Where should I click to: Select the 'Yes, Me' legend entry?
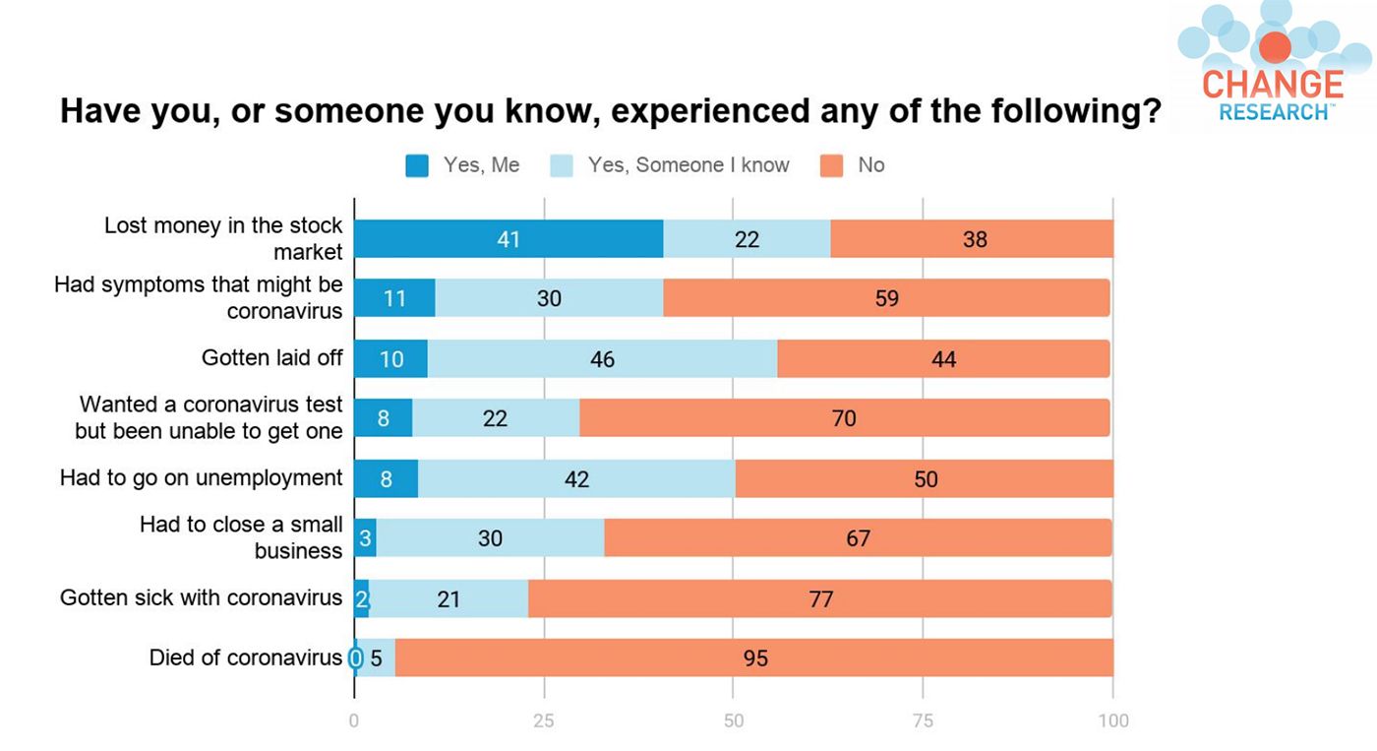tap(463, 165)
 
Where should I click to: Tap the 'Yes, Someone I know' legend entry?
tap(670, 165)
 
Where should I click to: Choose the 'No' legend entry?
tap(854, 165)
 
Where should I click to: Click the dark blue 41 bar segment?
tap(509, 239)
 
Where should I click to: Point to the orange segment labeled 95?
tap(754, 657)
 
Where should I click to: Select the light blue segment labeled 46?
tap(602, 359)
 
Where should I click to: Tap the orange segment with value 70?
tap(844, 418)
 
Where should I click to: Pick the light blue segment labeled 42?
tap(576, 479)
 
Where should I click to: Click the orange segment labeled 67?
tap(858, 538)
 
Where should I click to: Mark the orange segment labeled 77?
tap(820, 598)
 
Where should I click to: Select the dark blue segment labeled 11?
tap(394, 298)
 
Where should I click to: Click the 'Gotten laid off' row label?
tap(272, 357)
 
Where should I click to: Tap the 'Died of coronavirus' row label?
tap(246, 657)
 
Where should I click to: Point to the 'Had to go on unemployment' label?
tap(202, 478)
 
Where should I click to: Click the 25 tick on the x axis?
tap(544, 720)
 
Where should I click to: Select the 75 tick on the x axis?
tap(924, 720)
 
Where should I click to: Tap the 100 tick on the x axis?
tap(1113, 720)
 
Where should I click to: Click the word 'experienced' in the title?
tap(711, 110)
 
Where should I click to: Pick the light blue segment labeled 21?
tap(449, 598)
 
